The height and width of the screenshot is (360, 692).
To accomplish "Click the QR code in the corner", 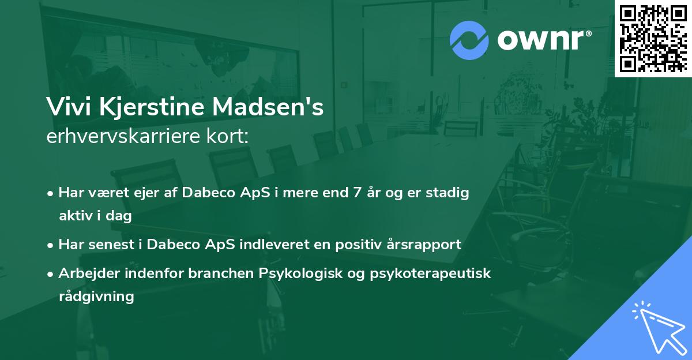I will click(653, 39).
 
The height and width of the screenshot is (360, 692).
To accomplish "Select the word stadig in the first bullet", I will click(450, 193).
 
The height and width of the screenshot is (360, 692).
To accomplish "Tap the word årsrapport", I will click(427, 245).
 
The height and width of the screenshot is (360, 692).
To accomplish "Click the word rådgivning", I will click(96, 297).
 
